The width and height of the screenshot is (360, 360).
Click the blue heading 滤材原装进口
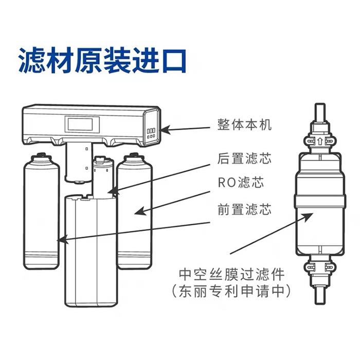pos(102,60)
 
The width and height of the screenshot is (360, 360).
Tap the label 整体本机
pos(244,124)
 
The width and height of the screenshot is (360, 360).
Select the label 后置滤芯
pos(244,158)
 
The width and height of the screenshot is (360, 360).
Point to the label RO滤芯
pos(241,182)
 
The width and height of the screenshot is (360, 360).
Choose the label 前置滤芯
pos(244,209)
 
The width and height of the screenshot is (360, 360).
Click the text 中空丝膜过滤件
pos(232,274)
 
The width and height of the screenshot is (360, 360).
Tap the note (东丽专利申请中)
pos(232,292)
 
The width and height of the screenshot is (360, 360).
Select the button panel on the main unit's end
pos(151,133)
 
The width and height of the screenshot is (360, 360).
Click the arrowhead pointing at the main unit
pos(165,130)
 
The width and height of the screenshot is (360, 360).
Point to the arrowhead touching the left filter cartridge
pos(62,240)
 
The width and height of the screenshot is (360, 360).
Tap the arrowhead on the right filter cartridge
pos(140,211)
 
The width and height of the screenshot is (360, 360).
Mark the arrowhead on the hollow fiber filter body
pos(307,217)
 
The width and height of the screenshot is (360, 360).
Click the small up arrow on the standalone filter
pos(319,141)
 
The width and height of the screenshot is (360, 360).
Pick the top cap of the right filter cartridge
pos(134,158)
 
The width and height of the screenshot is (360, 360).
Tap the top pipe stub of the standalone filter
pos(320,113)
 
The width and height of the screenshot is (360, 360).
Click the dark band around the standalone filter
pos(320,200)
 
